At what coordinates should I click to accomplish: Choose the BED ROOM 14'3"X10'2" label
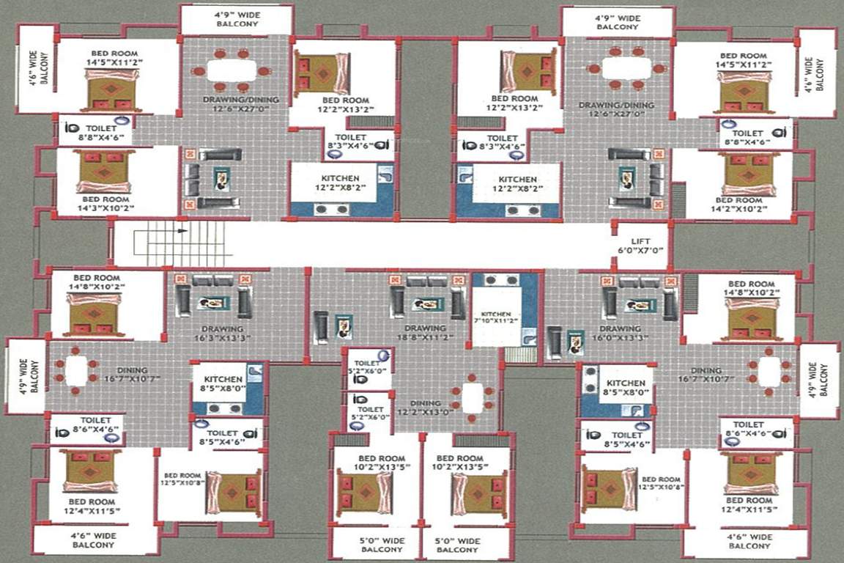[x=105, y=203]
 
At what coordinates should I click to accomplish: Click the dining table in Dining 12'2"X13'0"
[x=473, y=398]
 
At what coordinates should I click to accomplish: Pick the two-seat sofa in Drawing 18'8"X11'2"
[x=418, y=281]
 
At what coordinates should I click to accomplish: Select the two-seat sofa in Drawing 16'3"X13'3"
[x=213, y=280]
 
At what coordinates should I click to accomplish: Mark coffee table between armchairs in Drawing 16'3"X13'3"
[x=213, y=303]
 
